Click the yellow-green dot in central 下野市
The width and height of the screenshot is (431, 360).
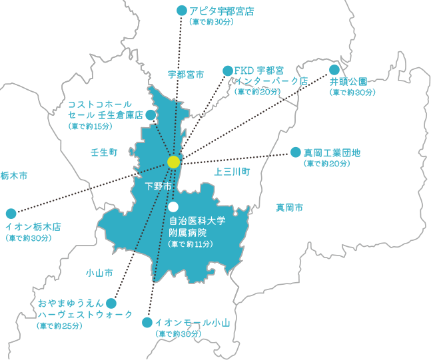click(174, 162)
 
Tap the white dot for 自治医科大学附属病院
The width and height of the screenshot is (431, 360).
click(173, 206)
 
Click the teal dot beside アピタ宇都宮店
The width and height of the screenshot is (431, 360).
click(181, 11)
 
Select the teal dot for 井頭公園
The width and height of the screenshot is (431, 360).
click(334, 69)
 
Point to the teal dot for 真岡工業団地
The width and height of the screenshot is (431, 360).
click(296, 152)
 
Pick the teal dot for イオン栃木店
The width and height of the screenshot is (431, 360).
click(11, 214)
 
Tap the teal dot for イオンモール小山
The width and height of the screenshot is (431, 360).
click(147, 322)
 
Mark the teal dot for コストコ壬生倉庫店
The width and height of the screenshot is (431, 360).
click(151, 114)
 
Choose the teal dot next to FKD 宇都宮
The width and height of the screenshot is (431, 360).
click(228, 70)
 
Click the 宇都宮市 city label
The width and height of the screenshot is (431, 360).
click(186, 73)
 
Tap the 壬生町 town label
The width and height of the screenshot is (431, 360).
click(104, 152)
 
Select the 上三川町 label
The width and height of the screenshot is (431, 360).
click(232, 171)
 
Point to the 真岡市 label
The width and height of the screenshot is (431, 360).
click(290, 208)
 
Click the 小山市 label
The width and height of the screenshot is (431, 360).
click(99, 273)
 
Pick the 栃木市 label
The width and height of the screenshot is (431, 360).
click(14, 176)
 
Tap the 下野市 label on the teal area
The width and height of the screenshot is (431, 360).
click(159, 186)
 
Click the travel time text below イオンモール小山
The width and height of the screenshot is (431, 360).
click(179, 333)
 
